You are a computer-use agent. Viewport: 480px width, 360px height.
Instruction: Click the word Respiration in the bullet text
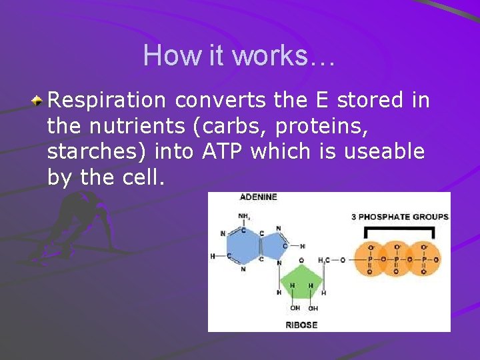pyautogui.click(x=107, y=100)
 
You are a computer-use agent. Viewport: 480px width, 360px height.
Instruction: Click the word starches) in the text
pyautogui.click(x=97, y=151)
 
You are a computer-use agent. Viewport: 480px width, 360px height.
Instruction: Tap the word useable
pyautogui.click(x=384, y=151)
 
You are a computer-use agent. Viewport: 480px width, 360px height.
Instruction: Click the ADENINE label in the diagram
pyautogui.click(x=258, y=197)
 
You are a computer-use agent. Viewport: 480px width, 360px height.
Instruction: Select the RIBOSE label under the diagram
pyautogui.click(x=301, y=325)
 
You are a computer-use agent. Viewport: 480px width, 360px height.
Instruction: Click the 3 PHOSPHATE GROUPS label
pyautogui.click(x=399, y=217)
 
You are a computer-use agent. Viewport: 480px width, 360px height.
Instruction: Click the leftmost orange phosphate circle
pyautogui.click(x=371, y=259)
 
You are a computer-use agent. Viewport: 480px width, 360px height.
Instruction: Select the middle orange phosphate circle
pyautogui.click(x=397, y=259)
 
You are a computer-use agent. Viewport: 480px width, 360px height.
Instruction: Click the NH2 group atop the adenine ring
pyautogui.click(x=245, y=216)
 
